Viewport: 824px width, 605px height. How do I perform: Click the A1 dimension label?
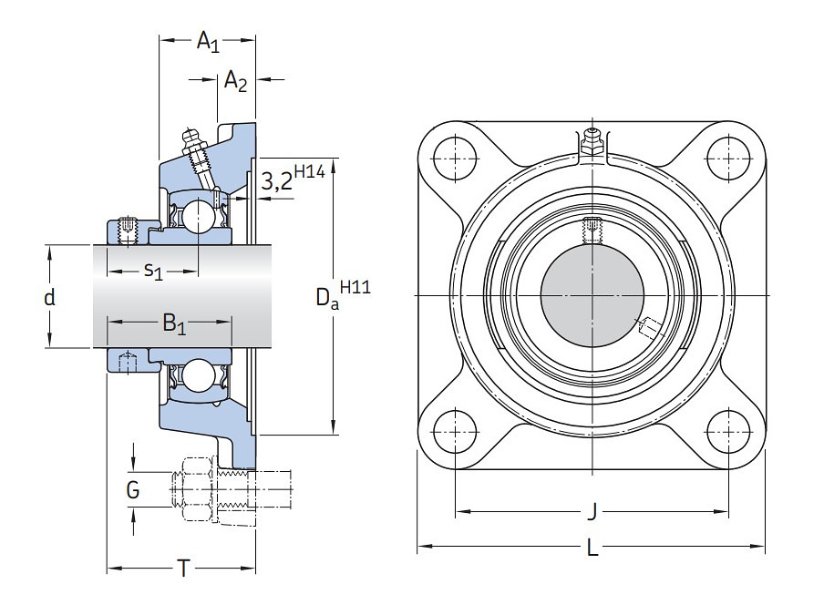(208, 41)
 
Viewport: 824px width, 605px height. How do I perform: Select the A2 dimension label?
(235, 81)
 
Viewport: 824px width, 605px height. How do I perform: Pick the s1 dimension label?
(152, 271)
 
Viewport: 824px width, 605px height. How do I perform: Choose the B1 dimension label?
(173, 323)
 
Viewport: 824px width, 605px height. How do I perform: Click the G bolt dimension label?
(133, 491)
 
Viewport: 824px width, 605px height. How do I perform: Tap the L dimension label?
(592, 549)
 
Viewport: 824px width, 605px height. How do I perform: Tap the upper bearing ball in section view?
(197, 216)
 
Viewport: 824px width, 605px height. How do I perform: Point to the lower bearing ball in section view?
(197, 375)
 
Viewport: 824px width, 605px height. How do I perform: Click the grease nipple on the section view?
(193, 143)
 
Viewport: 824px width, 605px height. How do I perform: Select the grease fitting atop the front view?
(592, 140)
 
